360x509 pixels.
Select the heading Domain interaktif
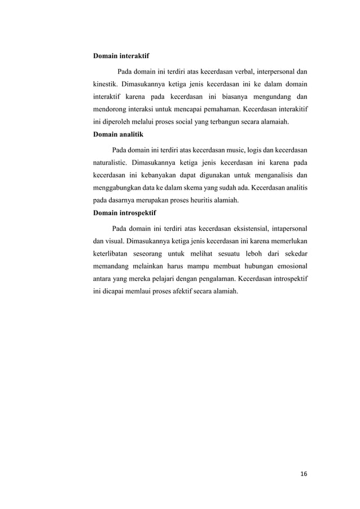[x=121, y=56]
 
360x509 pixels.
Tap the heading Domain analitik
[x=118, y=135]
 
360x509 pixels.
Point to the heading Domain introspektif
[x=124, y=214]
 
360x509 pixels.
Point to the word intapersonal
[x=288, y=230]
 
